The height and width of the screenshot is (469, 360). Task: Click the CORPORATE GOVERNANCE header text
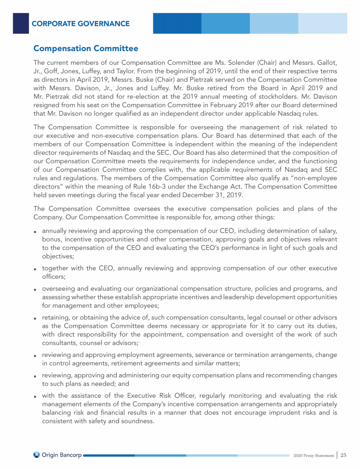(81, 23)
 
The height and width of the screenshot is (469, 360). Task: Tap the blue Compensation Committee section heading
(86, 49)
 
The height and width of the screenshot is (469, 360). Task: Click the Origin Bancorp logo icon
(37, 454)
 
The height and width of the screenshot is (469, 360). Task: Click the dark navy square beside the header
(20, 23)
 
